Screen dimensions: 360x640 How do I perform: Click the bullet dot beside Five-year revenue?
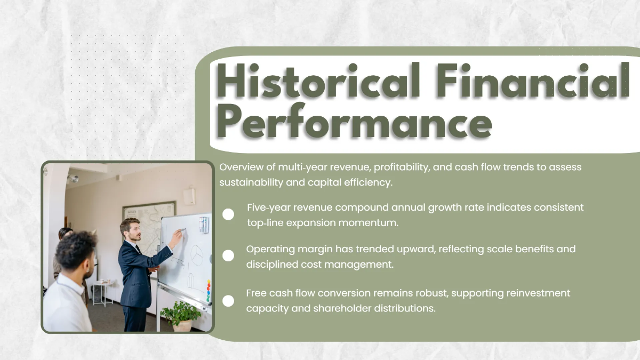tap(228, 214)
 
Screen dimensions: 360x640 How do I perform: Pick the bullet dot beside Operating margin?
tap(228, 256)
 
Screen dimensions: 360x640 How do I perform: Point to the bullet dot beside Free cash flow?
tap(228, 301)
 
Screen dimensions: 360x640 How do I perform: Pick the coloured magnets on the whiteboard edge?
tap(209, 291)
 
